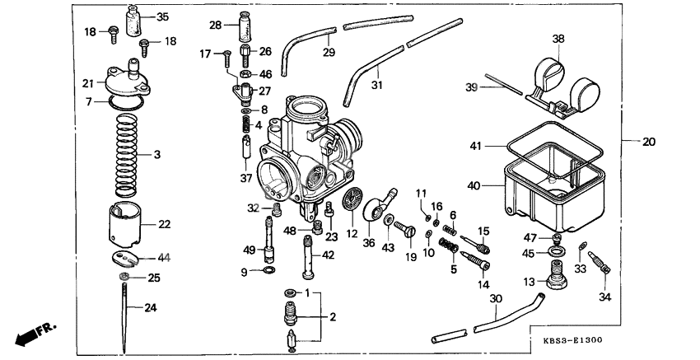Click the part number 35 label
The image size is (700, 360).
(x=162, y=16)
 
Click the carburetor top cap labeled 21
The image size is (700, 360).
(x=124, y=79)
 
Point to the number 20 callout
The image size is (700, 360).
(x=649, y=142)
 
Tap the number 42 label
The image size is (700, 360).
(x=329, y=255)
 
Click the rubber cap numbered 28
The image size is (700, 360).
(x=245, y=29)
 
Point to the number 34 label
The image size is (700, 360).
(x=605, y=297)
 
